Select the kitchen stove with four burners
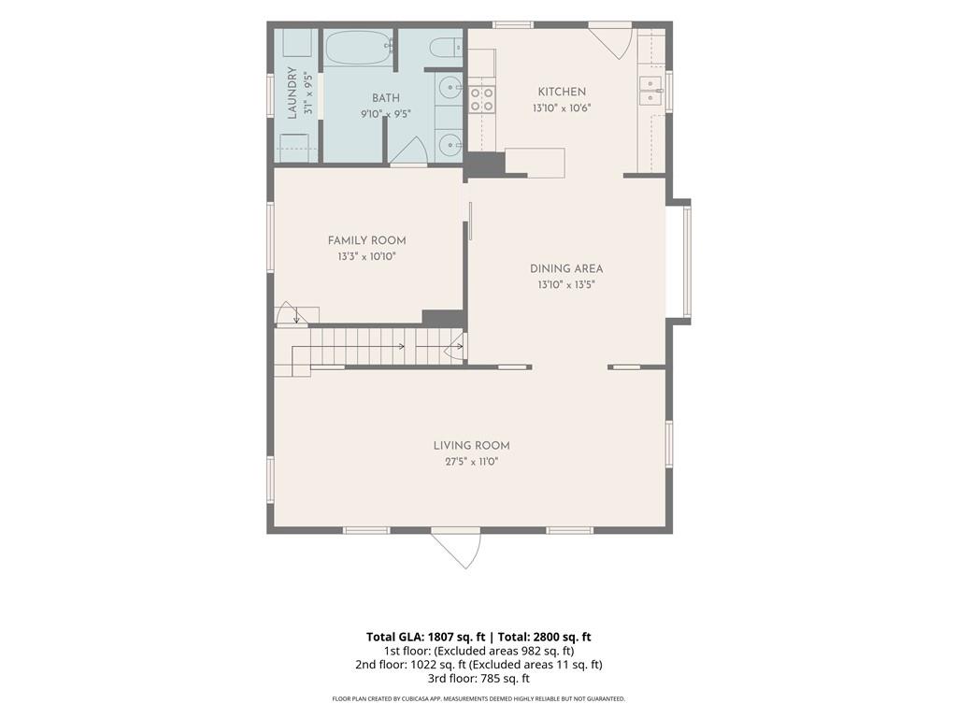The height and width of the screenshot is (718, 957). tap(481, 99)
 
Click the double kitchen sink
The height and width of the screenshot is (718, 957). tap(651, 91)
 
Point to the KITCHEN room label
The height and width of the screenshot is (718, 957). tap(562, 92)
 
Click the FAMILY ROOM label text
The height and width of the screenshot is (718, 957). tap(366, 240)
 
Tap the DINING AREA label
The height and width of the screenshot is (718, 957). tap(566, 268)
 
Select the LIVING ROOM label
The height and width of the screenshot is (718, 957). tap(472, 446)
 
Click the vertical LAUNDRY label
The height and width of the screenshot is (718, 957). tap(293, 93)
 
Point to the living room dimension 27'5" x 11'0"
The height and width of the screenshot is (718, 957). tap(472, 462)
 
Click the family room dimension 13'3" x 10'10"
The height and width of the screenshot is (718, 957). tap(366, 257)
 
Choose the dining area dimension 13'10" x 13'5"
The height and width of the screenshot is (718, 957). tap(566, 284)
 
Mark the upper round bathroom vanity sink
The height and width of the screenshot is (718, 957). tap(450, 88)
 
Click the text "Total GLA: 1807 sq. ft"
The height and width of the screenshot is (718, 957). tap(426, 637)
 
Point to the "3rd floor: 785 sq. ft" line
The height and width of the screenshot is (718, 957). tap(479, 678)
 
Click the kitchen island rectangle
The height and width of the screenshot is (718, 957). tap(535, 163)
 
